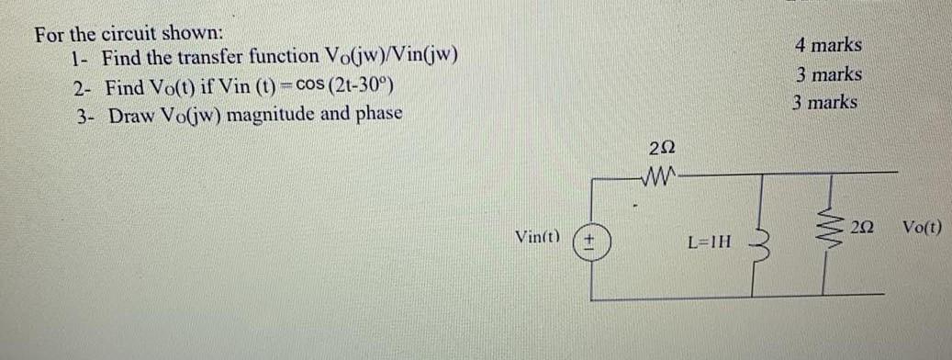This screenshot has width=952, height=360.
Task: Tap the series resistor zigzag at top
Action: [x=661, y=173]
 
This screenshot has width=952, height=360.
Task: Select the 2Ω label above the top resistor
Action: [x=661, y=147]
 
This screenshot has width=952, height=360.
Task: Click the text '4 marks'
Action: [x=828, y=44]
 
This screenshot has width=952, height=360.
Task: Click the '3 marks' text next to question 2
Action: [x=828, y=73]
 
